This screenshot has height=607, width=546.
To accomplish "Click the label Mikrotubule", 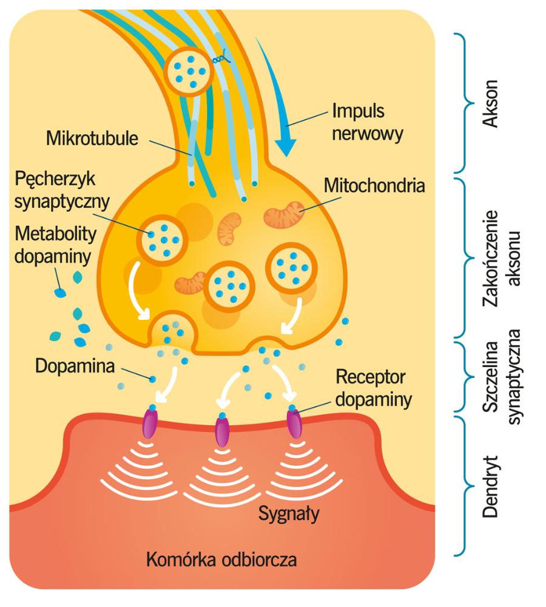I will point(91,138).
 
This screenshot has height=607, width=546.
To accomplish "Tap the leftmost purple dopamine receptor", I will point(149,422).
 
